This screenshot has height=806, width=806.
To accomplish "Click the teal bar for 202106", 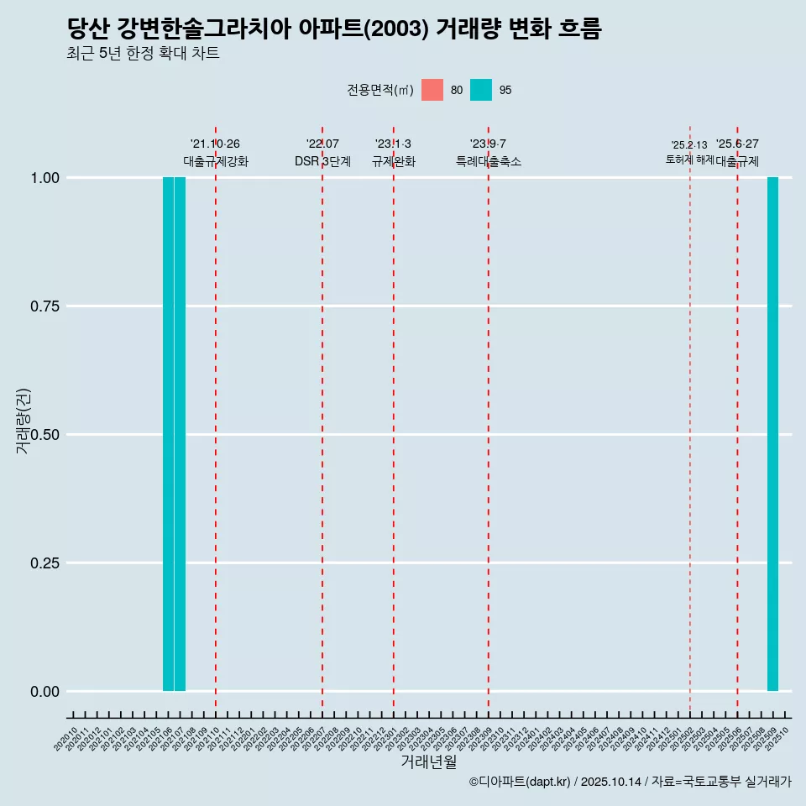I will click(x=168, y=434).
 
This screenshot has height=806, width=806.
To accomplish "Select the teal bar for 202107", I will click(x=180, y=434).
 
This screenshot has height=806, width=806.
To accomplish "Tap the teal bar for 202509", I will click(x=772, y=434).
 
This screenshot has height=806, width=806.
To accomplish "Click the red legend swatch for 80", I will click(x=432, y=90).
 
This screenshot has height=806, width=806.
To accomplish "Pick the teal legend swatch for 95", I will click(x=481, y=90).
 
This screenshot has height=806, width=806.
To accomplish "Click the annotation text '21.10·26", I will click(x=215, y=144).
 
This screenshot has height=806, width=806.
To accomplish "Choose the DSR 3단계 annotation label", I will click(x=322, y=161).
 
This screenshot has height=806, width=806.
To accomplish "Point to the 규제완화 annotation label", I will click(x=394, y=161).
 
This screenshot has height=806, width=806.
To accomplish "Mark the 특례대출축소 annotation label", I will click(x=489, y=161).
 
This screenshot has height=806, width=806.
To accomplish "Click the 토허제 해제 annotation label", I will click(x=689, y=159).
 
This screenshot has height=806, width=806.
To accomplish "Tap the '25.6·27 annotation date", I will click(x=737, y=144).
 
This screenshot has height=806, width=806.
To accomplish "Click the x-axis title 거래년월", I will click(x=429, y=762).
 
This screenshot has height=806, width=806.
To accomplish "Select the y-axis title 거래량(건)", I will click(x=23, y=421).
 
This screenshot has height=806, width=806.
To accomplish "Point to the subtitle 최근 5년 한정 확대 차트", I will click(x=143, y=54).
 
